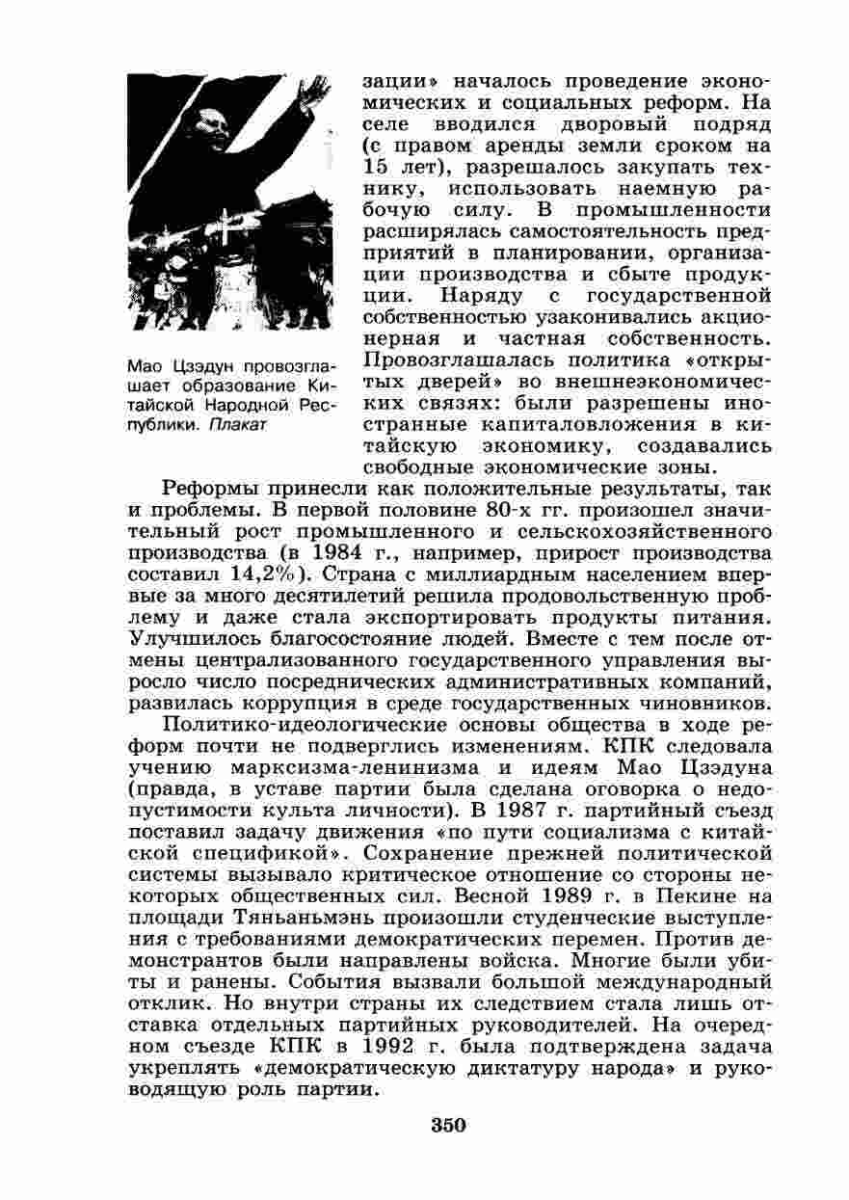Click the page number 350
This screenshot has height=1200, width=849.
[448, 1125]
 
